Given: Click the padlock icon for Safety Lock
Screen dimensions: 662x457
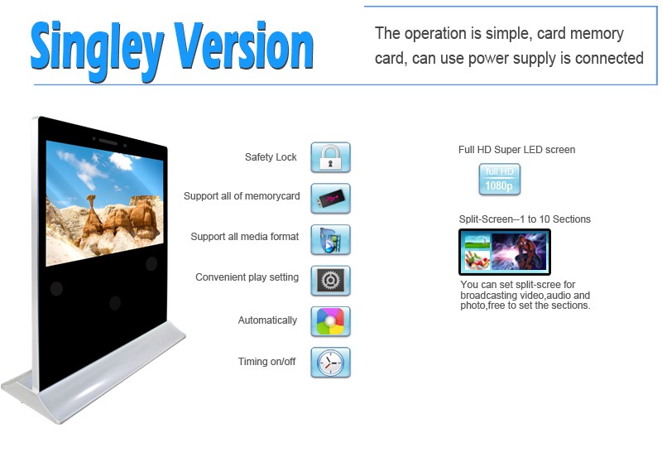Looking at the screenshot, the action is (330, 157).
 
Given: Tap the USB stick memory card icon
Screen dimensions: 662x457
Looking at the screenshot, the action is (330, 198).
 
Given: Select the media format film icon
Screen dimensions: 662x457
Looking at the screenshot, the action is (330, 239).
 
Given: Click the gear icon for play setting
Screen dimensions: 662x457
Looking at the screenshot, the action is (330, 281).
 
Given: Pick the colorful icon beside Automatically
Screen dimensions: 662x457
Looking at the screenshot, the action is (330, 321).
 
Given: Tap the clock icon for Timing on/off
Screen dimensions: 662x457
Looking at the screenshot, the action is (330, 363).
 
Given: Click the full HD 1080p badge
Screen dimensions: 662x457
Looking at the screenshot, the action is (500, 179).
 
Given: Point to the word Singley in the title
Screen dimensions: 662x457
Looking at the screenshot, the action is (97, 50).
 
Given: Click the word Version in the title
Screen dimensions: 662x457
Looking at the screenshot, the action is (243, 46).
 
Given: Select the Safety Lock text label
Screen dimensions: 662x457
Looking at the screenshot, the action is (271, 157).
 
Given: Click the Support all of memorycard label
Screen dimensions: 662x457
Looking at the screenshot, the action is (242, 196).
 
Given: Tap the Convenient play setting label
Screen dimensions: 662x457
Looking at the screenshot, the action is (247, 277).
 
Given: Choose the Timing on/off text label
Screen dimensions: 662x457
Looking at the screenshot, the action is (266, 362).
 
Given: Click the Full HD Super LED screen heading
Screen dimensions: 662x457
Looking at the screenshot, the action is (516, 150).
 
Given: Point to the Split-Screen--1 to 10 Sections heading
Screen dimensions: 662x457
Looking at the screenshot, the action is (525, 219).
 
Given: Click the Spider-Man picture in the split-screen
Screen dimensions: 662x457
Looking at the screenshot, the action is (519, 252).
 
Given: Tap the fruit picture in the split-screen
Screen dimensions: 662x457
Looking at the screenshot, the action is (477, 260).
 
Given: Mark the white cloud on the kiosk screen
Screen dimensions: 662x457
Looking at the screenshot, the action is (121, 161).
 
